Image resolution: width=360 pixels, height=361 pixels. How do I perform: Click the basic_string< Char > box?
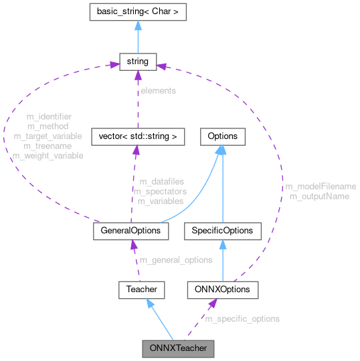(x=137, y=11)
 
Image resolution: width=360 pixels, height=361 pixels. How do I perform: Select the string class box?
(x=137, y=62)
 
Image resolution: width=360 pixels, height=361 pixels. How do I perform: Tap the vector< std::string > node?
(x=137, y=136)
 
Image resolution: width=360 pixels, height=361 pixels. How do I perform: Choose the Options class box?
(x=222, y=136)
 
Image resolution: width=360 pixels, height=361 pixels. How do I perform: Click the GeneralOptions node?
(x=130, y=231)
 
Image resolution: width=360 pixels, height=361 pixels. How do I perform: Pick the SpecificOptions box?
(x=222, y=231)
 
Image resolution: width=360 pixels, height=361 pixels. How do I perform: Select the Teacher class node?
(x=141, y=289)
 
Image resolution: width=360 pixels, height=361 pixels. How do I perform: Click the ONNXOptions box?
(x=222, y=289)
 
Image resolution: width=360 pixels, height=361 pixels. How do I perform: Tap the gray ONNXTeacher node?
(x=178, y=348)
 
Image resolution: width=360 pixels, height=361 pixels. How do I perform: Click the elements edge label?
(x=157, y=90)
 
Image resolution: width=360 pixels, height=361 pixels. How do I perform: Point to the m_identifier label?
(x=48, y=116)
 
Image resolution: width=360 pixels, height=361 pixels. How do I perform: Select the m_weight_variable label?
(x=48, y=156)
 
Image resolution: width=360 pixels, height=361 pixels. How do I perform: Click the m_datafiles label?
(x=161, y=181)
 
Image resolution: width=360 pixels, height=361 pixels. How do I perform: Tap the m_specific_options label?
(x=242, y=319)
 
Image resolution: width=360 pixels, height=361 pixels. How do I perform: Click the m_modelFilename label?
(x=321, y=187)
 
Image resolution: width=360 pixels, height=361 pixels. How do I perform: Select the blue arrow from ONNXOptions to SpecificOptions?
(x=222, y=260)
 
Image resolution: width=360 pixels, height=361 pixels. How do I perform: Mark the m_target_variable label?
(x=48, y=136)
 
